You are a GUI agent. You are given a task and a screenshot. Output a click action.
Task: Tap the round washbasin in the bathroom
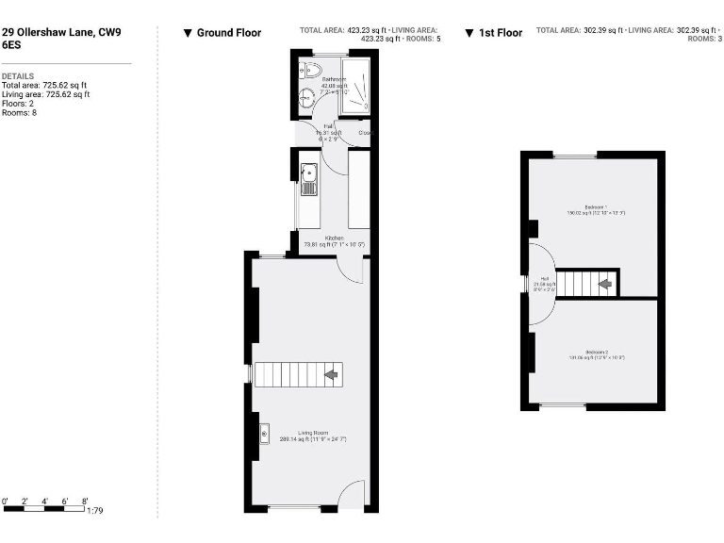tap(307, 95)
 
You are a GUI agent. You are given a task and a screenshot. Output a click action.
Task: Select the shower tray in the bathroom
tap(354, 85)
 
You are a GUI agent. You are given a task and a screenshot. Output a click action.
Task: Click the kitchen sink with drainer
tap(308, 178)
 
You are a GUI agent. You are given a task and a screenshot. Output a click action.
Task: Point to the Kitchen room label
tap(334, 239)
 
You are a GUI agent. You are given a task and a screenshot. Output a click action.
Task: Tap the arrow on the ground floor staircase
tap(331, 374)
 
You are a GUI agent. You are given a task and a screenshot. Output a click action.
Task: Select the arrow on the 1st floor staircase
tap(605, 283)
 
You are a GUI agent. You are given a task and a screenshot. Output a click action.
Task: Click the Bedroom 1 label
tap(596, 206)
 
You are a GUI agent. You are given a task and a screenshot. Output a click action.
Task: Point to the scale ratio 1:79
tap(94, 511)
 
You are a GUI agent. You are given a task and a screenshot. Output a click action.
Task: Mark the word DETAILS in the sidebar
tap(18, 74)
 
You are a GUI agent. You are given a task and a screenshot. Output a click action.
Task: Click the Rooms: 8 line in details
tap(22, 112)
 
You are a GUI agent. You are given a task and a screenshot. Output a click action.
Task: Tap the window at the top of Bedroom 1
tap(574, 155)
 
